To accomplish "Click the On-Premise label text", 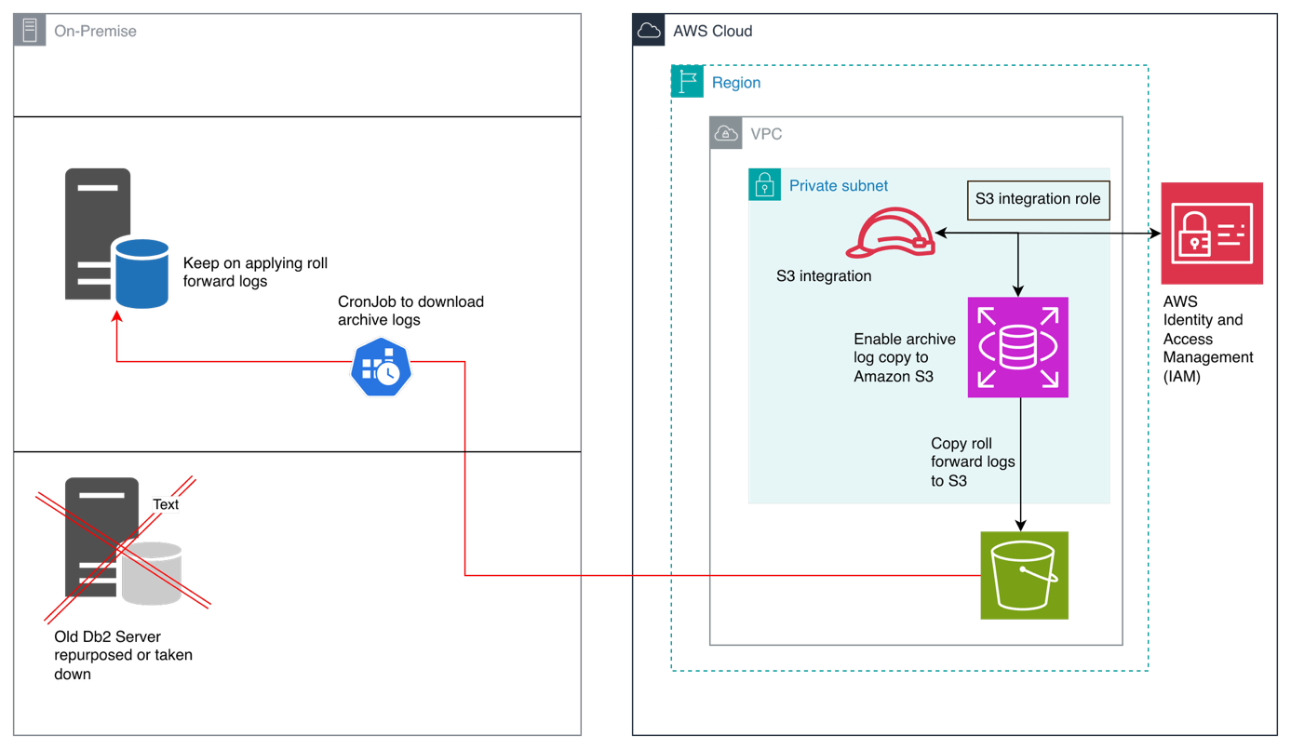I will pos(95,31).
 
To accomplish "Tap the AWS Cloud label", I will pos(712,31).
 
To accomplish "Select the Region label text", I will pos(735,83).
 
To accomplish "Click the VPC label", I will pos(766,134).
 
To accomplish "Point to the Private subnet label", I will pos(838,185).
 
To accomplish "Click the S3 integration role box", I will pos(1038,199).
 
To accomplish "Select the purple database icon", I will pos(1017,347).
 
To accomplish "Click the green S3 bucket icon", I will pos(1024,575).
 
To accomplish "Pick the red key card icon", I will pos(1211,233).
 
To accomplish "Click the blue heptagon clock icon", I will pos(381,368).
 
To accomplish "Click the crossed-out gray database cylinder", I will pos(151,573).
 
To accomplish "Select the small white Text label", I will pos(166,504).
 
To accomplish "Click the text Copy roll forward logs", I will pos(973,461).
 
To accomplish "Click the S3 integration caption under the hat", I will pos(824,275).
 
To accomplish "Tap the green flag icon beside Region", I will pos(687,82).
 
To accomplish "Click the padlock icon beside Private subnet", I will pos(764,184).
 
